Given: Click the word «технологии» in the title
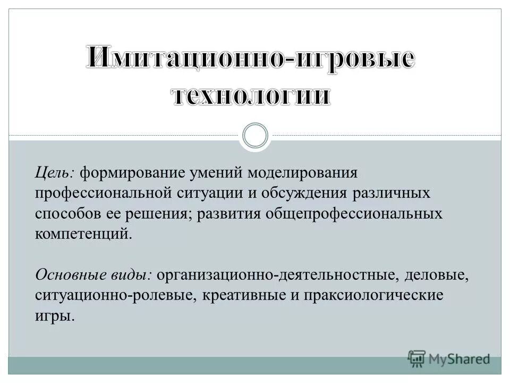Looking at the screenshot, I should point(251,97).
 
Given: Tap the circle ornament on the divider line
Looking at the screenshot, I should point(254,136).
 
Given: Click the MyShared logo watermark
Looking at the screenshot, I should point(448,359).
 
